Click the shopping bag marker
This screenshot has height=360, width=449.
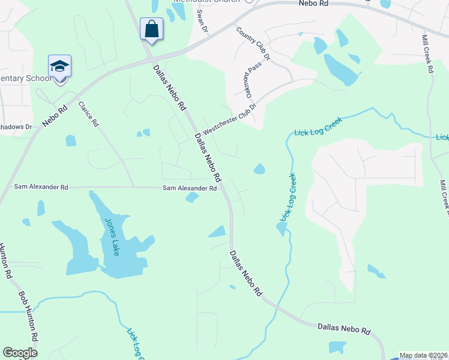151,29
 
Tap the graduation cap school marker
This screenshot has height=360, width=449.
60,66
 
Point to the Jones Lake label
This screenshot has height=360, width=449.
112,236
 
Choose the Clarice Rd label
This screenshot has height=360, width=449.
88,114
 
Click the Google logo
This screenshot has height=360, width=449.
20,353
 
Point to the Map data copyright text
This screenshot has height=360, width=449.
424,355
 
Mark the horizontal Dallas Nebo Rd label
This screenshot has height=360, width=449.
344,328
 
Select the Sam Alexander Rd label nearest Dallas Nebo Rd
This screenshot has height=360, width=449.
190,188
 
